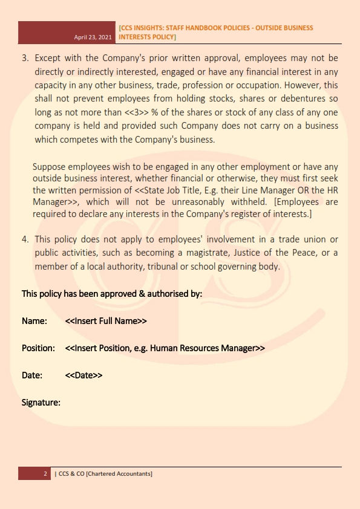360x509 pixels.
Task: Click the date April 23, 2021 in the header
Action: (93, 37)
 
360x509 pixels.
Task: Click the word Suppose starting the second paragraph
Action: (50, 166)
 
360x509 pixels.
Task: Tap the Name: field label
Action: (34, 321)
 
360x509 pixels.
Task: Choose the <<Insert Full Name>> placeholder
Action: (106, 321)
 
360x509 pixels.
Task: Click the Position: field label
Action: (39, 348)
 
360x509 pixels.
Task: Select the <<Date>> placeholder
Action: (83, 375)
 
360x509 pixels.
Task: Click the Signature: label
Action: (41, 402)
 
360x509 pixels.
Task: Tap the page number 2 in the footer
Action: (45, 474)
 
